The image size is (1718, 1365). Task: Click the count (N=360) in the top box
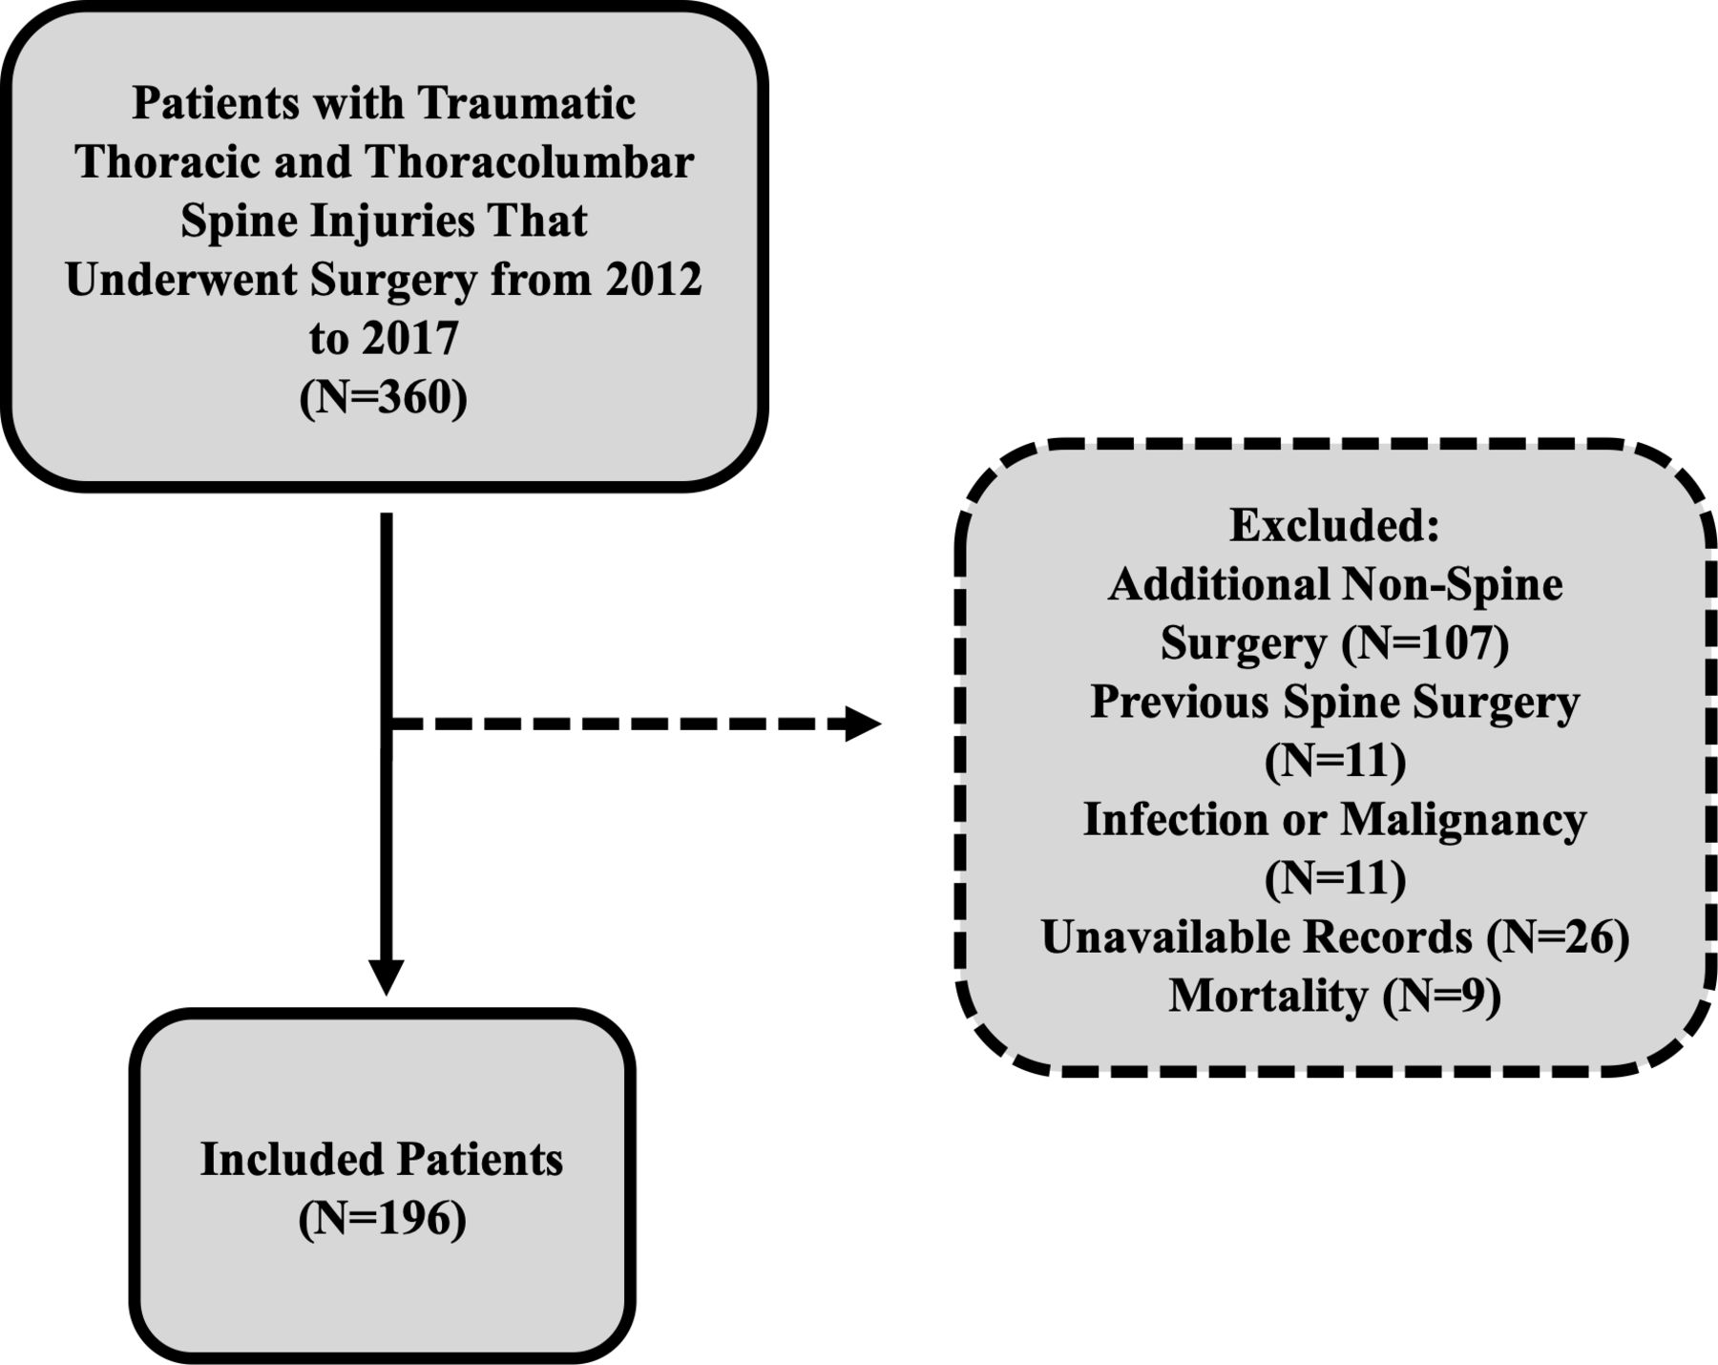click(384, 397)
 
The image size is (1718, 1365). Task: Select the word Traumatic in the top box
click(526, 103)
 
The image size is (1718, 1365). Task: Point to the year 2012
click(654, 280)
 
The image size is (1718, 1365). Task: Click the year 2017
click(410, 339)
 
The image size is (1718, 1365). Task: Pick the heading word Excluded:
click(1334, 524)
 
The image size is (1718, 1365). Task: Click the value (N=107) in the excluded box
click(1426, 642)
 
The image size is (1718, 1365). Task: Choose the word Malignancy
click(1463, 820)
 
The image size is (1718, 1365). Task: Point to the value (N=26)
click(1558, 937)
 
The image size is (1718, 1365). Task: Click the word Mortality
click(1268, 997)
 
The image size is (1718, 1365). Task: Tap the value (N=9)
click(1442, 997)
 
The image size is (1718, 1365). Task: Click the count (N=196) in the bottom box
click(383, 1219)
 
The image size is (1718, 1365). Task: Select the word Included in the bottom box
click(291, 1160)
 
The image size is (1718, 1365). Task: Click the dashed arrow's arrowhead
click(863, 724)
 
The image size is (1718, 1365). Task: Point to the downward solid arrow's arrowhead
click(387, 977)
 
